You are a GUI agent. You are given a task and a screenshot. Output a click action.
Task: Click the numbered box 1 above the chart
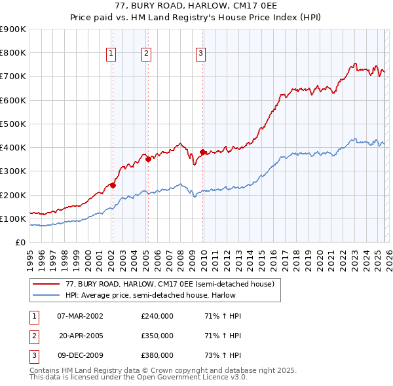point(111,54)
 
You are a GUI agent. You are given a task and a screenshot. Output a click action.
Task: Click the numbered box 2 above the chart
point(147,54)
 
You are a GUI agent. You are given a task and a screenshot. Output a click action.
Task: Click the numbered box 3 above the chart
point(200,54)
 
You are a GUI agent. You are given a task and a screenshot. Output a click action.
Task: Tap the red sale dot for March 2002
point(113,185)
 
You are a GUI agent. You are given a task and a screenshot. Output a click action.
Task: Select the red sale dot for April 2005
point(149,159)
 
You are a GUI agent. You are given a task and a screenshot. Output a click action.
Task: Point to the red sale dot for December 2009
point(202,152)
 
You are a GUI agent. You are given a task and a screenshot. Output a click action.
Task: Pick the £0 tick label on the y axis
point(20,242)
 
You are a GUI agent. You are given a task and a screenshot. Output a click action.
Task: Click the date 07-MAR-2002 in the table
point(80,316)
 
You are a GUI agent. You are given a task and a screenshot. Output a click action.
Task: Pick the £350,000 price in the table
point(157,336)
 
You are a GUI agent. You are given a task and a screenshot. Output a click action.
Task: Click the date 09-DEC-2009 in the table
point(80,355)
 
